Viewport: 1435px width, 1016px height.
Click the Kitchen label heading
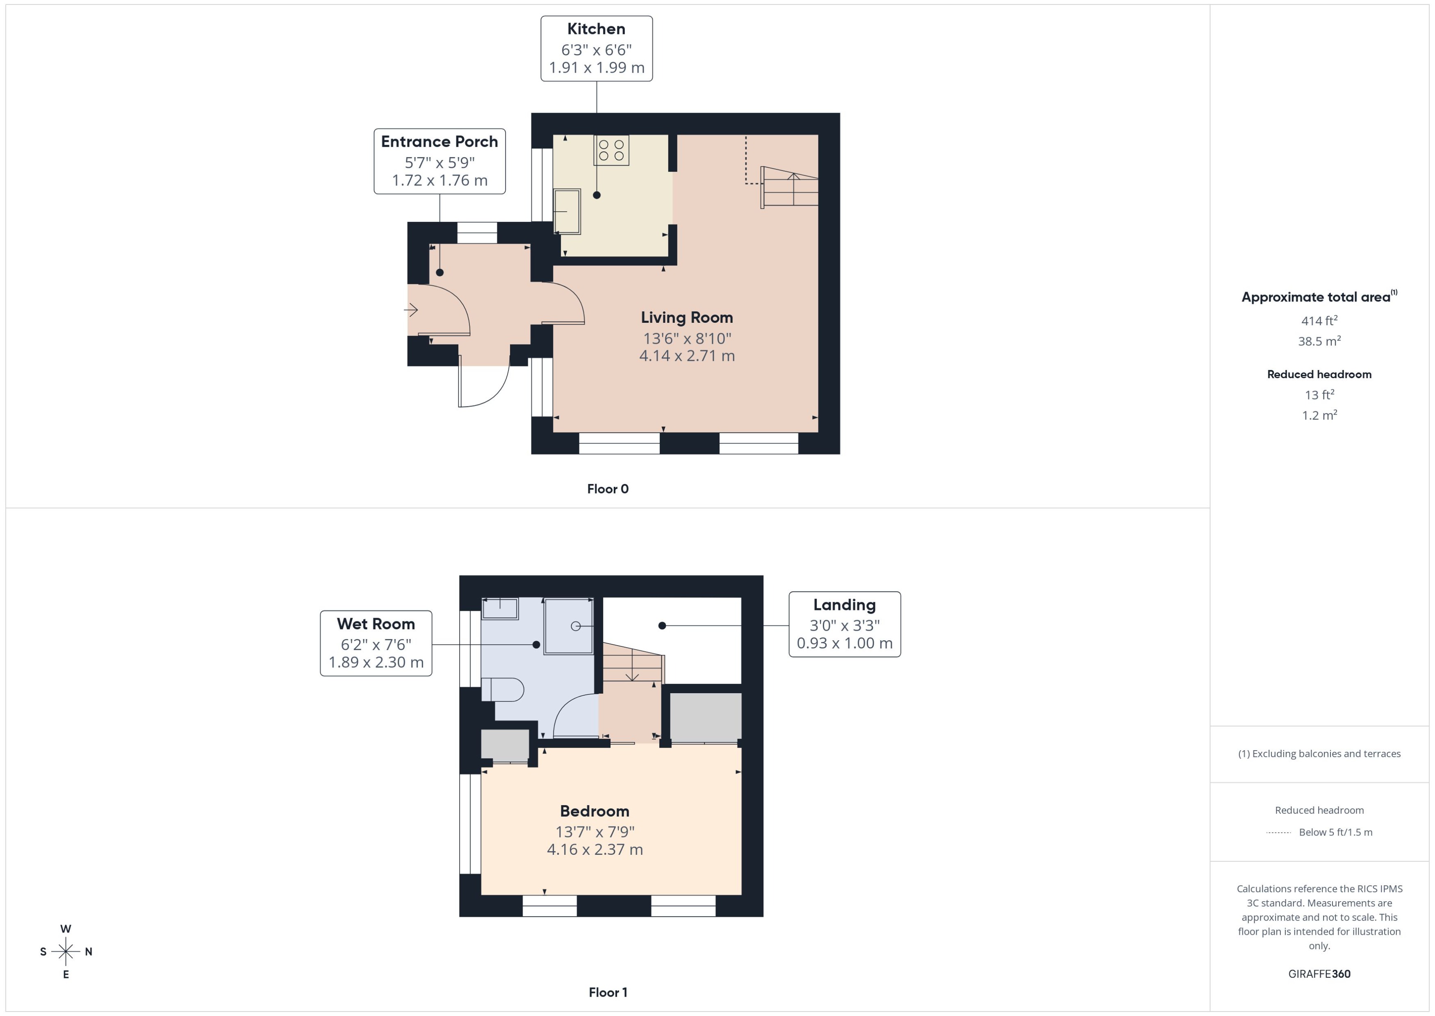(596, 29)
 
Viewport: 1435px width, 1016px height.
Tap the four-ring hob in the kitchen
(611, 150)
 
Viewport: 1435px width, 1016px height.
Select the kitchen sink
(567, 212)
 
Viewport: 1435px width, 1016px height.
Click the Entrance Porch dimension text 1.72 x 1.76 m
(439, 180)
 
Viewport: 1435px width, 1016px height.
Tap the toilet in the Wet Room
(503, 690)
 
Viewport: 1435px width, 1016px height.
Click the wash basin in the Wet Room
(500, 608)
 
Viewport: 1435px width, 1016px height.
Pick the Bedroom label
(594, 811)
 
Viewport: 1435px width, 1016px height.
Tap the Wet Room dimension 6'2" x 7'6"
(376, 644)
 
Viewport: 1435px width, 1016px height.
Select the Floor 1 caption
(607, 992)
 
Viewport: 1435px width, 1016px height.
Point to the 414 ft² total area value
(1319, 321)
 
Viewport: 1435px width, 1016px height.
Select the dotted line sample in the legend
(1278, 833)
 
